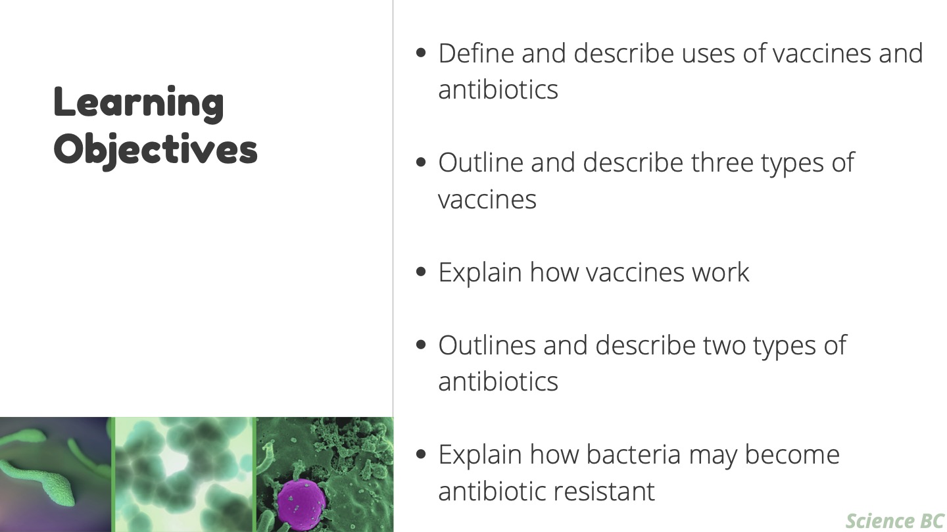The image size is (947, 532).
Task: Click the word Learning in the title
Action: (139, 104)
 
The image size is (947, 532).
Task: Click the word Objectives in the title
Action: (156, 150)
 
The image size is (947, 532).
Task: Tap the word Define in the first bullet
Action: (476, 53)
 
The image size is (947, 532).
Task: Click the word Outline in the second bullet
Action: (481, 162)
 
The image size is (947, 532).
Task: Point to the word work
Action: (720, 272)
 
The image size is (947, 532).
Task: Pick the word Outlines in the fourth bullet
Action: (487, 345)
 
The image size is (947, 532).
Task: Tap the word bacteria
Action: (633, 454)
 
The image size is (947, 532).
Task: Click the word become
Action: (792, 454)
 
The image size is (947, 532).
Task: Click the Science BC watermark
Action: (895, 520)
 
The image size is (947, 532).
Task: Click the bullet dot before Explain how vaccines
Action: (421, 272)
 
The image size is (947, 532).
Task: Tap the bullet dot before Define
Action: (421, 53)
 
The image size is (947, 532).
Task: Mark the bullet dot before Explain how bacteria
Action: (421, 454)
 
